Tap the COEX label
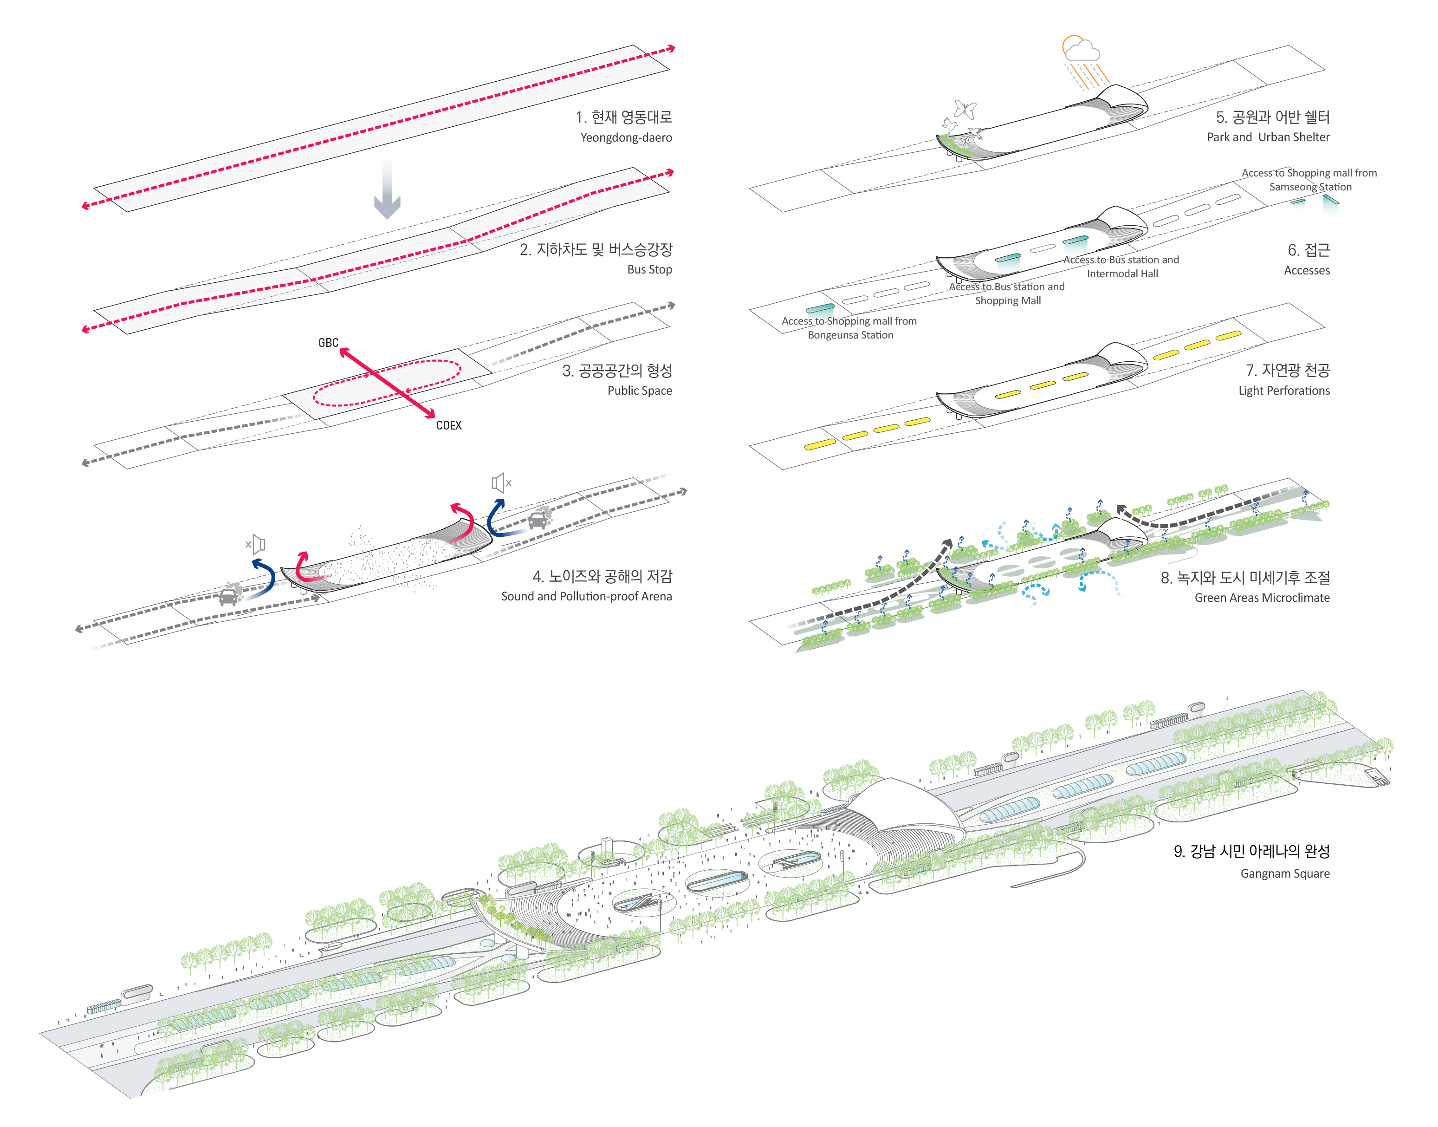(448, 426)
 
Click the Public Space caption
(639, 391)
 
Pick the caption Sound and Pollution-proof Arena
(586, 597)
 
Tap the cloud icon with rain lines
(1081, 50)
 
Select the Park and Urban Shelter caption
(1268, 137)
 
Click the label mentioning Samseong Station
(1309, 180)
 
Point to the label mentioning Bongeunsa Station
(849, 328)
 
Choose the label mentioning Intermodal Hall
(1121, 267)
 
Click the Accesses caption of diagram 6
(1306, 271)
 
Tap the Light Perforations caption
(1283, 391)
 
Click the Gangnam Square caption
(1284, 873)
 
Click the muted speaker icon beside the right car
(501, 483)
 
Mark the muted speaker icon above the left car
(255, 544)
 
